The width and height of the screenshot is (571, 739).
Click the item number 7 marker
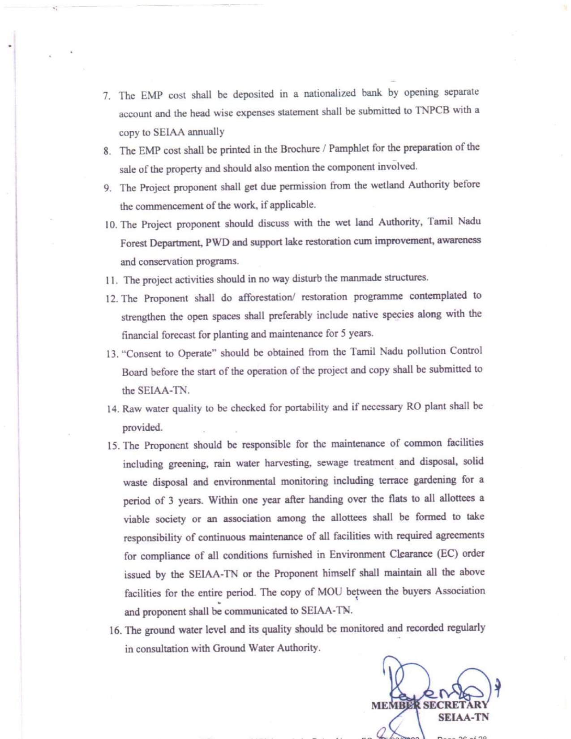tap(106, 96)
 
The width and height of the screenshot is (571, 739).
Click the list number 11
tap(111, 281)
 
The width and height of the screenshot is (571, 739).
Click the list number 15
tap(113, 446)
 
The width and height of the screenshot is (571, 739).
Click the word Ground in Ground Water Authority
tap(228, 648)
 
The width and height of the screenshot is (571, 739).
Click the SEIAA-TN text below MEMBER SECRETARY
tap(463, 717)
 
